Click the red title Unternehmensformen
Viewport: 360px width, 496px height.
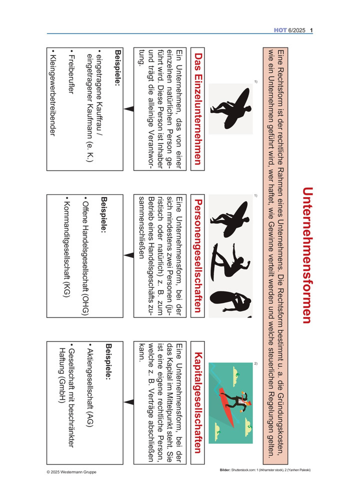click(307, 255)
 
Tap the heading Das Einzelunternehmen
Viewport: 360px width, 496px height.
click(197, 108)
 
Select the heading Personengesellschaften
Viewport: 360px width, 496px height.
click(197, 255)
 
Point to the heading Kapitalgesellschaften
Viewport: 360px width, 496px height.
click(197, 402)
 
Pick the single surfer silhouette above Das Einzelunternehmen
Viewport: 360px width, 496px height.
click(231, 108)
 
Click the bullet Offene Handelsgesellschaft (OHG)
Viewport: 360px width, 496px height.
click(85, 256)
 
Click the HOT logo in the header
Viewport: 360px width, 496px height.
click(280, 30)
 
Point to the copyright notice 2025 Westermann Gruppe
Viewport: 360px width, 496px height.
click(71, 472)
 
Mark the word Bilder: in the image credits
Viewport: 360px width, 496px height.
click(225, 470)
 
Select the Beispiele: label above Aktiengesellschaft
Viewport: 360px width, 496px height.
click(108, 361)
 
